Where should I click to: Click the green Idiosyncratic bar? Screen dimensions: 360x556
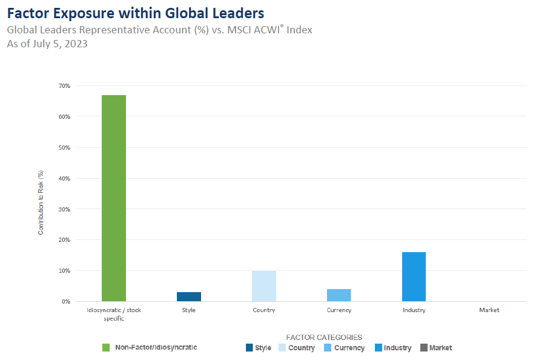pyautogui.click(x=113, y=198)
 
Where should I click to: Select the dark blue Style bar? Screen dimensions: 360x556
pyautogui.click(x=189, y=296)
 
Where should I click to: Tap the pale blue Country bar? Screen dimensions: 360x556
pyautogui.click(x=263, y=286)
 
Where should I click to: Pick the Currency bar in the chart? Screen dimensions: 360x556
pyautogui.click(x=339, y=295)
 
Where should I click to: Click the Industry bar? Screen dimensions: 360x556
pyautogui.click(x=414, y=276)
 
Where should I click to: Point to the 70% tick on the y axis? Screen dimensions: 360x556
pyautogui.click(x=64, y=86)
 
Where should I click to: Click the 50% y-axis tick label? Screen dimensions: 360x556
pyautogui.click(x=64, y=147)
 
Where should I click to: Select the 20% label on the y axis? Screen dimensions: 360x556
pyautogui.click(x=64, y=239)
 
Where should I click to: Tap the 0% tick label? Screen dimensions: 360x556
pyautogui.click(x=65, y=301)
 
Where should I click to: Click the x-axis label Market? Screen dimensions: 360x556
pyautogui.click(x=489, y=310)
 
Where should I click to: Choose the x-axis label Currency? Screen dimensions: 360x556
pyautogui.click(x=339, y=310)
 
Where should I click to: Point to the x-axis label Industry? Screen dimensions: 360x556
pyautogui.click(x=414, y=310)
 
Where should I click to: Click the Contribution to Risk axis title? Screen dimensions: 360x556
pyautogui.click(x=41, y=202)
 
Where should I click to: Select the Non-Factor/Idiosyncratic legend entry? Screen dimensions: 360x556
pyautogui.click(x=154, y=347)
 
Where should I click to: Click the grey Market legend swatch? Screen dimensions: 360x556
pyautogui.click(x=423, y=348)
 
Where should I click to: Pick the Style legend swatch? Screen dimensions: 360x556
pyautogui.click(x=249, y=348)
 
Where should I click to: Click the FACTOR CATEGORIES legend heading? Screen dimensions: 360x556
pyautogui.click(x=323, y=337)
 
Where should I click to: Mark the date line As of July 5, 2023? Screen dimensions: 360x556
pyautogui.click(x=47, y=44)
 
